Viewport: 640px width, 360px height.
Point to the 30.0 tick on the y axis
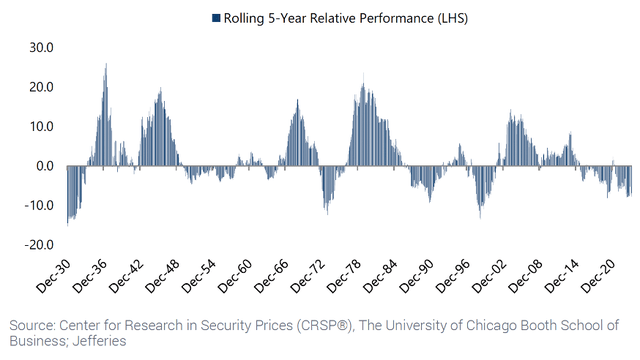[x=41, y=48]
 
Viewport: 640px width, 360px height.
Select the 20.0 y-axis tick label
[x=41, y=87]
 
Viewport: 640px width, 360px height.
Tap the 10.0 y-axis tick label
[x=41, y=127]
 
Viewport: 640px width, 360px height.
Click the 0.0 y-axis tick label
[x=45, y=166]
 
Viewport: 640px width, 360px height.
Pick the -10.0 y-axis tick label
[x=39, y=205]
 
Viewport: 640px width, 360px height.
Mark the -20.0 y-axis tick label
[x=39, y=244]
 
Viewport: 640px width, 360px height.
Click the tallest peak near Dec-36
[x=106, y=66]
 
